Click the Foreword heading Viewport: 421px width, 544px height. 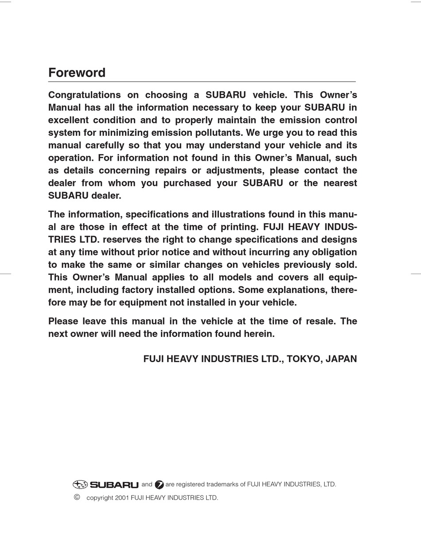pyautogui.click(x=77, y=73)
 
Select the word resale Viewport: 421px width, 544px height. pyautogui.click(x=317, y=321)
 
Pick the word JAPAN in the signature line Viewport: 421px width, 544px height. pyautogui.click(x=341, y=359)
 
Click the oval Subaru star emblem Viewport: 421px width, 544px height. pyautogui.click(x=80, y=485)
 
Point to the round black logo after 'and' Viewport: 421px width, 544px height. pyautogui.click(x=159, y=485)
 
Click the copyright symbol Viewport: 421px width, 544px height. pyautogui.click(x=77, y=497)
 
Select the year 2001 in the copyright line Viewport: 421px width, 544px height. pyautogui.click(x=122, y=498)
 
